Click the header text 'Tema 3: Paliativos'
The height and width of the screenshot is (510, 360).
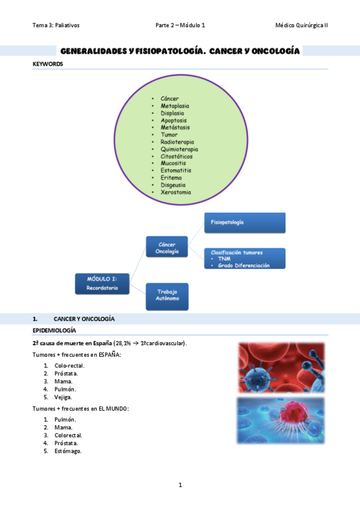56,25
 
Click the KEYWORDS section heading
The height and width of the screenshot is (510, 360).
47,63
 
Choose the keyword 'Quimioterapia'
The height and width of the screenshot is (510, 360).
179,149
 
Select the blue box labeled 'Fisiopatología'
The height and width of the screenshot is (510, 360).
245,223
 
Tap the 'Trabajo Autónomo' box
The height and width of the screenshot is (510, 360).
166,296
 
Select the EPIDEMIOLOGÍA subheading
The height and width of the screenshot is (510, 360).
54,331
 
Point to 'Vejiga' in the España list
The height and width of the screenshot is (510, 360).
64,397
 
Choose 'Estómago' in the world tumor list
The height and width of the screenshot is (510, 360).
67,451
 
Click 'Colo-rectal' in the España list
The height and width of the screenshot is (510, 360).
69,365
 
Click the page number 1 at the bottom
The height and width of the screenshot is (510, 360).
180,485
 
